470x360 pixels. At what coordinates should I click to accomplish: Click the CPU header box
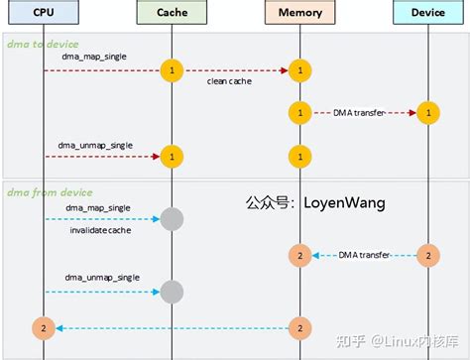43,13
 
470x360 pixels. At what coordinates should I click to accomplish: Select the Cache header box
172,13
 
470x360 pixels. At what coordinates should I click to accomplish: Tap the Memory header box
298,13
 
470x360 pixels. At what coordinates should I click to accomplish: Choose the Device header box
427,13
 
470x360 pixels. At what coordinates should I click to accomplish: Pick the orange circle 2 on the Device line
427,255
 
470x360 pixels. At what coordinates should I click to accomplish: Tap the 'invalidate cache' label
100,230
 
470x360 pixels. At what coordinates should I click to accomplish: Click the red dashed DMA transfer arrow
361,113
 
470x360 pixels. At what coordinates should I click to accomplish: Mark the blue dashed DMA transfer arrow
361,256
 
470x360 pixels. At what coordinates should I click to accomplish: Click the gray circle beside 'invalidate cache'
172,219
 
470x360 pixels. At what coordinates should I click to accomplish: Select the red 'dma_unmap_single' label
99,145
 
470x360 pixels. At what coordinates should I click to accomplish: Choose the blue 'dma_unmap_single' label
99,279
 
